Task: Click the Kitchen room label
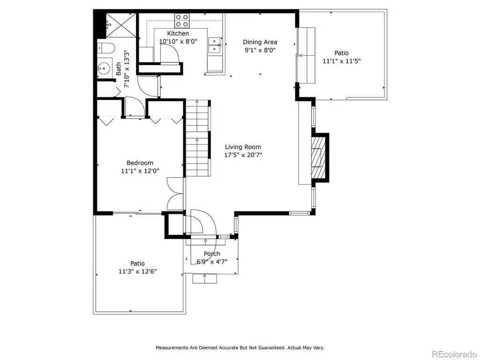point(178,33)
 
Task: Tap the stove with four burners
point(182,21)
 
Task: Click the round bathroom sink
point(104,68)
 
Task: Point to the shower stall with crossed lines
point(121,25)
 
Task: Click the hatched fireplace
point(318,157)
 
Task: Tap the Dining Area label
point(260,42)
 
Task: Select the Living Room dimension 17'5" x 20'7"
point(243,155)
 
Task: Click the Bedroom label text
point(140,163)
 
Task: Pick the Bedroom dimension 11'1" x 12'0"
point(140,171)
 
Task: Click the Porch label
point(212,254)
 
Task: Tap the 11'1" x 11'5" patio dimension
point(342,61)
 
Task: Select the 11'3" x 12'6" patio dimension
point(137,271)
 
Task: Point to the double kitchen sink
point(215,45)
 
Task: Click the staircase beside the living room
point(198,138)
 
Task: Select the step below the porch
point(204,279)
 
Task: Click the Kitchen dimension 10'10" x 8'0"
point(178,41)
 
